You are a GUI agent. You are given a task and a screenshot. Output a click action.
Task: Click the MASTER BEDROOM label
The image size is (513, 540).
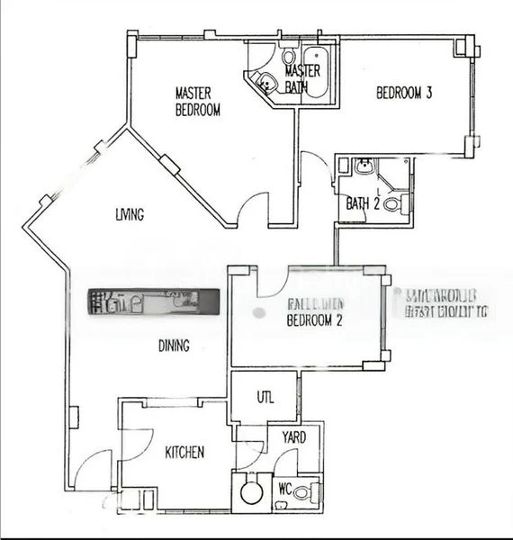(x=197, y=101)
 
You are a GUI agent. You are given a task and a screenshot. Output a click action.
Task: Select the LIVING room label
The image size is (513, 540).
(x=130, y=214)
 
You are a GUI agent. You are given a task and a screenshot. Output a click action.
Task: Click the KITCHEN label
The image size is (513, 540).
(x=184, y=452)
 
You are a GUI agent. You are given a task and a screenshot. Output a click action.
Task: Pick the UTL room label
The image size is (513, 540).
(x=265, y=398)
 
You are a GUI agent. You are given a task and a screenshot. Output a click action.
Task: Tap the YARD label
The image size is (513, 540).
(x=294, y=437)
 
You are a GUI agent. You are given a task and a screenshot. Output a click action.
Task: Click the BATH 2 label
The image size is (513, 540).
(x=362, y=202)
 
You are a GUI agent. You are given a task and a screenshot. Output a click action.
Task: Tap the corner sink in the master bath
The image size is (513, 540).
(x=265, y=83)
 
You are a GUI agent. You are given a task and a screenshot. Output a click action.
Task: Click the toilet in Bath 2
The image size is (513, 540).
(x=393, y=204)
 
